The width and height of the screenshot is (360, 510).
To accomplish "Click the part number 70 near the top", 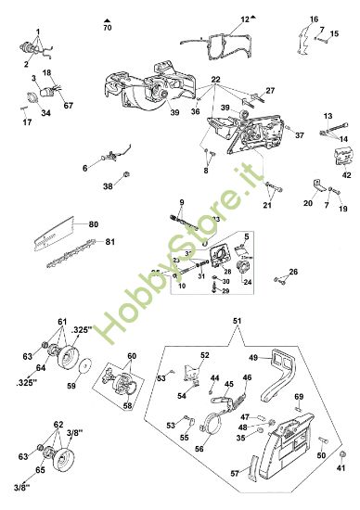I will [x=107, y=29].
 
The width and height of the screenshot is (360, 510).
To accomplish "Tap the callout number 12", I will [x=244, y=19].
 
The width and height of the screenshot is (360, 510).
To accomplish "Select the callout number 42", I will [x=346, y=174].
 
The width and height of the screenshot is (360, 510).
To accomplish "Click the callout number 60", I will [x=131, y=356].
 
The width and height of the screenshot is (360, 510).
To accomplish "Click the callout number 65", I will [x=39, y=471].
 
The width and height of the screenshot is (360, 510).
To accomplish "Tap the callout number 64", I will [x=40, y=367].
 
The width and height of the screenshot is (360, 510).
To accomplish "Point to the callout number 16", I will [x=314, y=19].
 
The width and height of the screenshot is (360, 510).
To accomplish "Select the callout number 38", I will [x=108, y=186].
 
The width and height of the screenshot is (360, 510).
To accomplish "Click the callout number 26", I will [x=294, y=272].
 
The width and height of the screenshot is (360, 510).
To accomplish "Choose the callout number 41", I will [x=341, y=470].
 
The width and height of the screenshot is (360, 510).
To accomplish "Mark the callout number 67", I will [x=68, y=106].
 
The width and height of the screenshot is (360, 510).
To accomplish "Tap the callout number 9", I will [x=182, y=202].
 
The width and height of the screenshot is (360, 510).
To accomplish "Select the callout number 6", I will [x=84, y=168].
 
